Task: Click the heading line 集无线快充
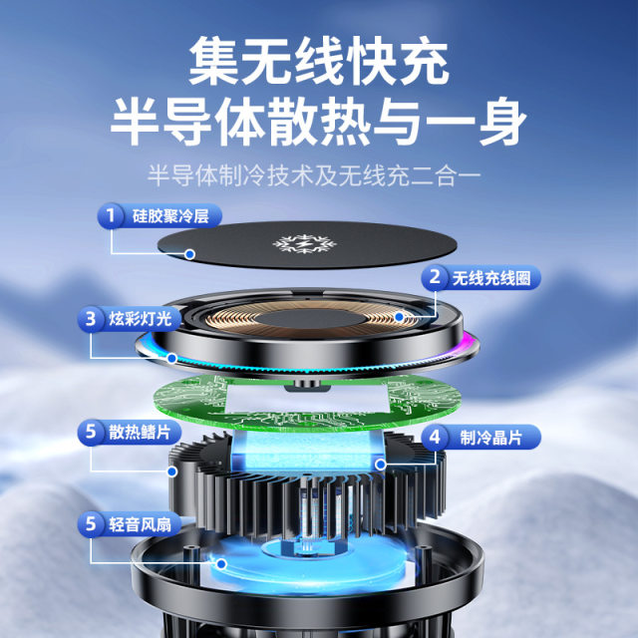pos(319,62)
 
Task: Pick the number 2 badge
pos(436,276)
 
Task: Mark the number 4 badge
pos(436,436)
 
